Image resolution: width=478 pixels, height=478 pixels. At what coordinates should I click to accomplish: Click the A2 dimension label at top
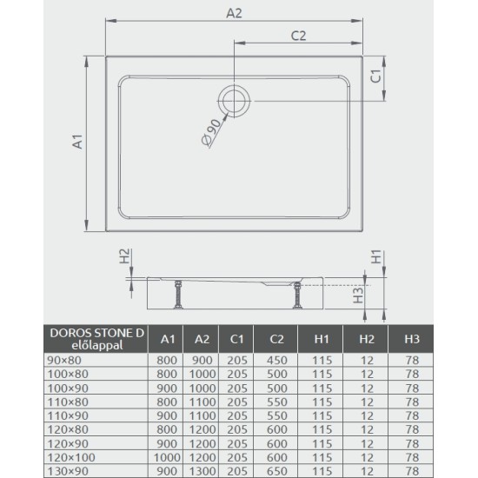(x=233, y=13)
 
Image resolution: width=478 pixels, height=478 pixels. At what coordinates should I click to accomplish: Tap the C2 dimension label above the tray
(x=299, y=36)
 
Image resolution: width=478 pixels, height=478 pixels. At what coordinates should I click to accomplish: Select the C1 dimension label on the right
(x=376, y=75)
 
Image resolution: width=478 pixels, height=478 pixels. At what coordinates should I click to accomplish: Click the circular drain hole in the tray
(x=234, y=100)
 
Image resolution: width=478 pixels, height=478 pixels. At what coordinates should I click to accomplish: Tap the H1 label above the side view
(x=376, y=258)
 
